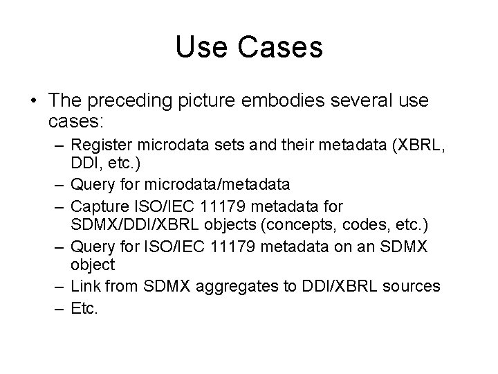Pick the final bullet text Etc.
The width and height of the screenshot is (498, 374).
(x=85, y=308)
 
